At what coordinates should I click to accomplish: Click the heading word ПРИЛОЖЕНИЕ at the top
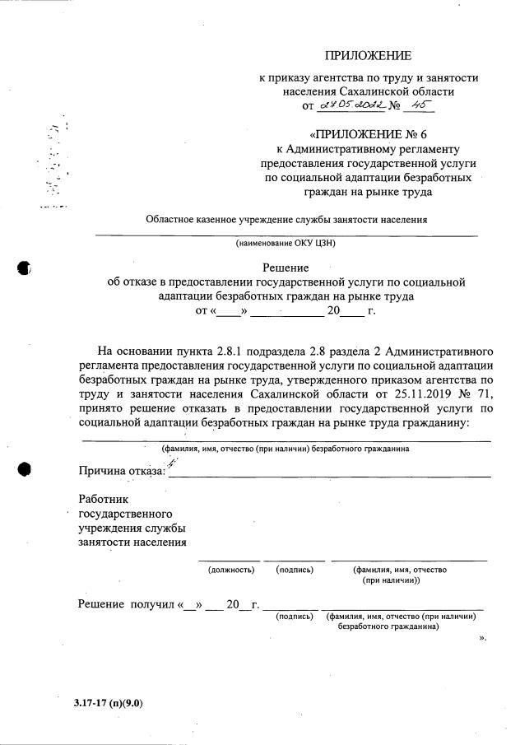[x=367, y=56]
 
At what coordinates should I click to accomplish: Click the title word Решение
[x=286, y=267]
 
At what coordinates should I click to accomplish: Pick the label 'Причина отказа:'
[x=122, y=471]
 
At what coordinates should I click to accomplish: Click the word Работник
[x=104, y=499]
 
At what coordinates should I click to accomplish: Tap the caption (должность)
[x=231, y=569]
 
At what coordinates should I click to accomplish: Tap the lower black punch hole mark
[x=24, y=468]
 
